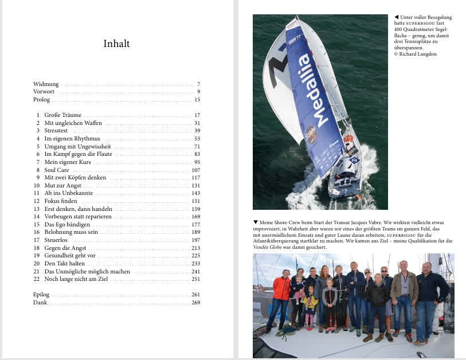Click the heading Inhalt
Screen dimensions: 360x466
point(116,44)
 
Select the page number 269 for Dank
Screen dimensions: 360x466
point(195,302)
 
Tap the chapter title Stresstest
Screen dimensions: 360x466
point(57,131)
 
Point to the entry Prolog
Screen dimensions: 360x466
point(41,99)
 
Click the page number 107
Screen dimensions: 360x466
point(195,170)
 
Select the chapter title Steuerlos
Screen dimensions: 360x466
point(56,240)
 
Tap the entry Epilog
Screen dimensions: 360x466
point(41,294)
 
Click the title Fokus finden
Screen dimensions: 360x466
point(61,201)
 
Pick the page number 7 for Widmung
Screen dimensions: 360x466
point(198,84)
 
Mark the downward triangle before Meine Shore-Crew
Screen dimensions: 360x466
point(256,222)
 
